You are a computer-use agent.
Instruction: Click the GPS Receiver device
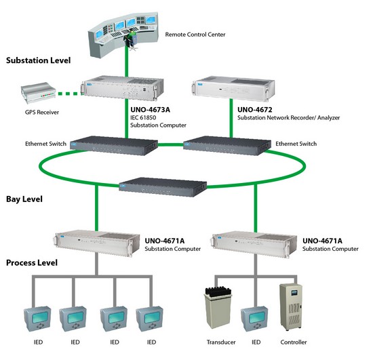38,93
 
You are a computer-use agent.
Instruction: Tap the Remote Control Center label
195,35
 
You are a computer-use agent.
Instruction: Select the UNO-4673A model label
150,110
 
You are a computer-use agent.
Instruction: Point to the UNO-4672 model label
254,110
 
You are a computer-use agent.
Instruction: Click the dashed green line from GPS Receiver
68,94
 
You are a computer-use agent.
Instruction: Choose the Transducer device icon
218,308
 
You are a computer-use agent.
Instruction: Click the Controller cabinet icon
291,307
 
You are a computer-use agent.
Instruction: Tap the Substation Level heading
38,60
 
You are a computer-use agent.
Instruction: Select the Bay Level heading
24,199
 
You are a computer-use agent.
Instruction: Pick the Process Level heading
32,263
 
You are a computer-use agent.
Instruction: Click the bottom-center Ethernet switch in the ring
163,187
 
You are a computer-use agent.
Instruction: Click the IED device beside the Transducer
254,319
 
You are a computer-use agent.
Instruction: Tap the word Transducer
221,342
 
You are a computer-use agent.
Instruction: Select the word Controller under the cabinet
293,342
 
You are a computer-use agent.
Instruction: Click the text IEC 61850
143,118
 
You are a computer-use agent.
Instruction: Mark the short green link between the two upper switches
170,144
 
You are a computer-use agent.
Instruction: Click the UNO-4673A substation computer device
122,88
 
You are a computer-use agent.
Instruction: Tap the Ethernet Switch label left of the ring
45,144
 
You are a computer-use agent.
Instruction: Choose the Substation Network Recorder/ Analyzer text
288,118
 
